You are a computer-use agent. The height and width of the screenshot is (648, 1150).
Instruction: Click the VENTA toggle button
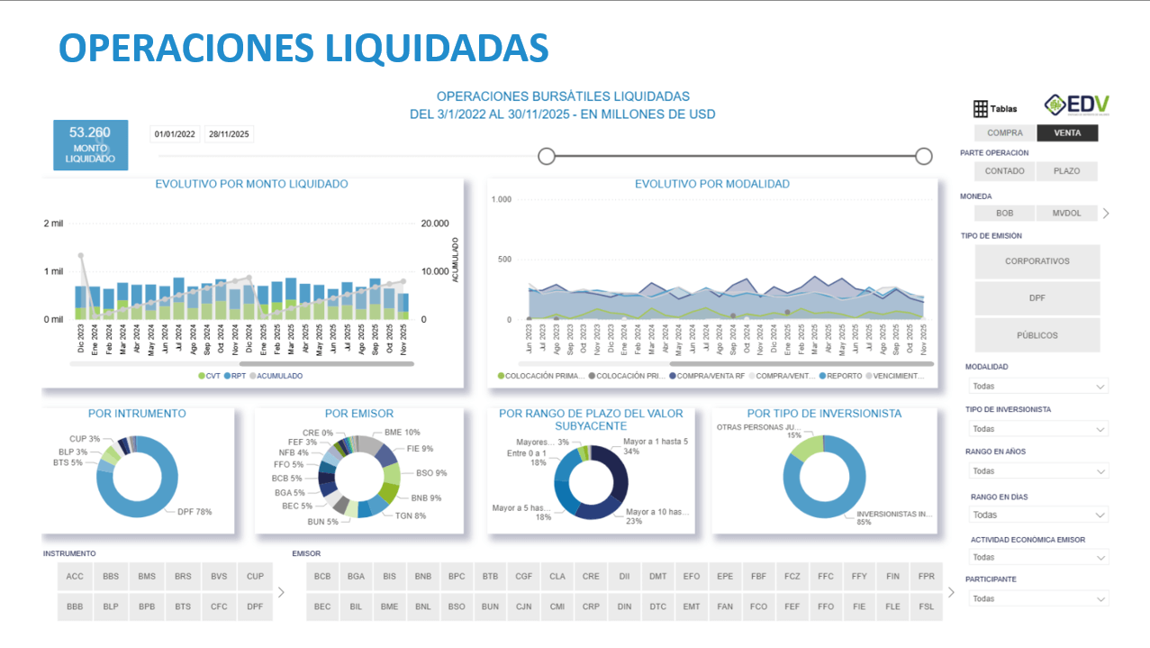click(1067, 133)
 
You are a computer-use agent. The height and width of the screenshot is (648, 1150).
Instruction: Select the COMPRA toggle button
click(1004, 133)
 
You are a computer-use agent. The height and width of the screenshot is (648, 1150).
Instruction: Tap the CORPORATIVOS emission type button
click(1037, 261)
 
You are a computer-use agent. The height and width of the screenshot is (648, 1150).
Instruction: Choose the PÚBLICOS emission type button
click(1037, 335)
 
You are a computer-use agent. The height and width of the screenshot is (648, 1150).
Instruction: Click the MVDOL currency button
click(1066, 214)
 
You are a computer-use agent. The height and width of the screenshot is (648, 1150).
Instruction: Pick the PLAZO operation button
click(1066, 171)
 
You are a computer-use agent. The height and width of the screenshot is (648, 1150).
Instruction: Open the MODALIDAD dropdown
click(1037, 386)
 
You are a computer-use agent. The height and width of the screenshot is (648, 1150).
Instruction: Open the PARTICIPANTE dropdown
click(1037, 598)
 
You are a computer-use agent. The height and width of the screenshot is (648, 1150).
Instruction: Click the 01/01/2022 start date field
click(175, 134)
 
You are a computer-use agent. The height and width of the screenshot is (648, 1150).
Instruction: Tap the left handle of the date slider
click(546, 156)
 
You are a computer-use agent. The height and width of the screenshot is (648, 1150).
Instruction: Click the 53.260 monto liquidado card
click(90, 145)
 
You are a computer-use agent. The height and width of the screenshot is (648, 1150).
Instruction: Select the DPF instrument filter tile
click(255, 607)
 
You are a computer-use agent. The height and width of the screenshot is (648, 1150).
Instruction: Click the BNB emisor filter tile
click(423, 576)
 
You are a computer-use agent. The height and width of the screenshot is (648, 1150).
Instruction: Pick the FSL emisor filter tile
click(927, 607)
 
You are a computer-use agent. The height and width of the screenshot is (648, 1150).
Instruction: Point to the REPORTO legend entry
click(840, 376)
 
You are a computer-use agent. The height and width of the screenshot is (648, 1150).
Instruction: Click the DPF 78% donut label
click(194, 512)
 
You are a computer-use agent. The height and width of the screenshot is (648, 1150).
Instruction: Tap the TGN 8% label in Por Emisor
click(410, 516)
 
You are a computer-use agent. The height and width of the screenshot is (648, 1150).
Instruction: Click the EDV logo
click(1077, 105)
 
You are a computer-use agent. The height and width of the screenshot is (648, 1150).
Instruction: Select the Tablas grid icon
click(981, 109)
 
